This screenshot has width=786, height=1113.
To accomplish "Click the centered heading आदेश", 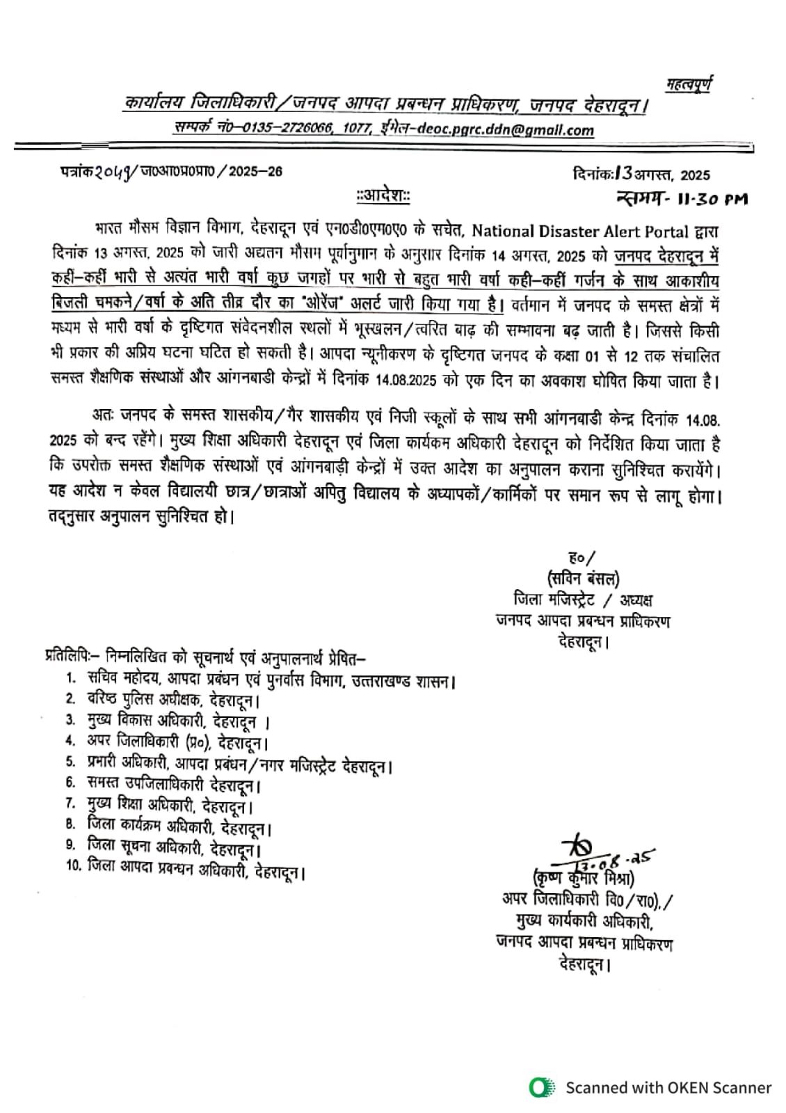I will (383, 197).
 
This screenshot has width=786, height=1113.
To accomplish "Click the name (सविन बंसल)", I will (583, 579).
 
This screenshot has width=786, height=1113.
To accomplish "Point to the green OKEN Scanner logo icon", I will (541, 1087).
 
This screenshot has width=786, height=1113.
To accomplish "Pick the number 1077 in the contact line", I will (357, 130).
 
